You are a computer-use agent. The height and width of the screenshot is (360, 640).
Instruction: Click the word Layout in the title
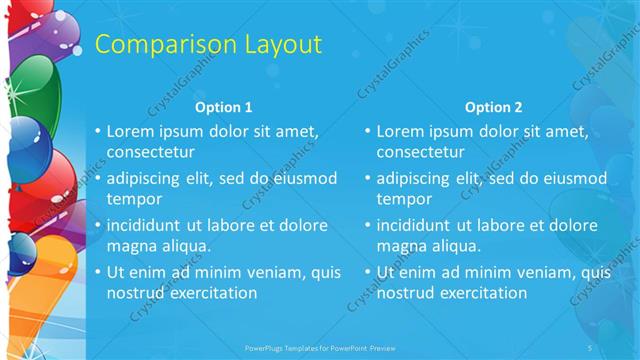pos(279,44)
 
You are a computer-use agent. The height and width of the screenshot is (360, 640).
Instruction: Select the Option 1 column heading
pos(223,107)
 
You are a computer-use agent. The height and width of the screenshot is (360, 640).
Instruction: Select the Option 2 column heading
pos(493,107)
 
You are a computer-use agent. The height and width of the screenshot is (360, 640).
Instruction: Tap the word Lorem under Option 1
pos(130,130)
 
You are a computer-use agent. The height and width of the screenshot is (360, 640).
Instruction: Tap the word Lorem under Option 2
pos(400,130)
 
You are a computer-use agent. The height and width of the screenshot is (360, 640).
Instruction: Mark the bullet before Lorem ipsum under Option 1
pos(97,131)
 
